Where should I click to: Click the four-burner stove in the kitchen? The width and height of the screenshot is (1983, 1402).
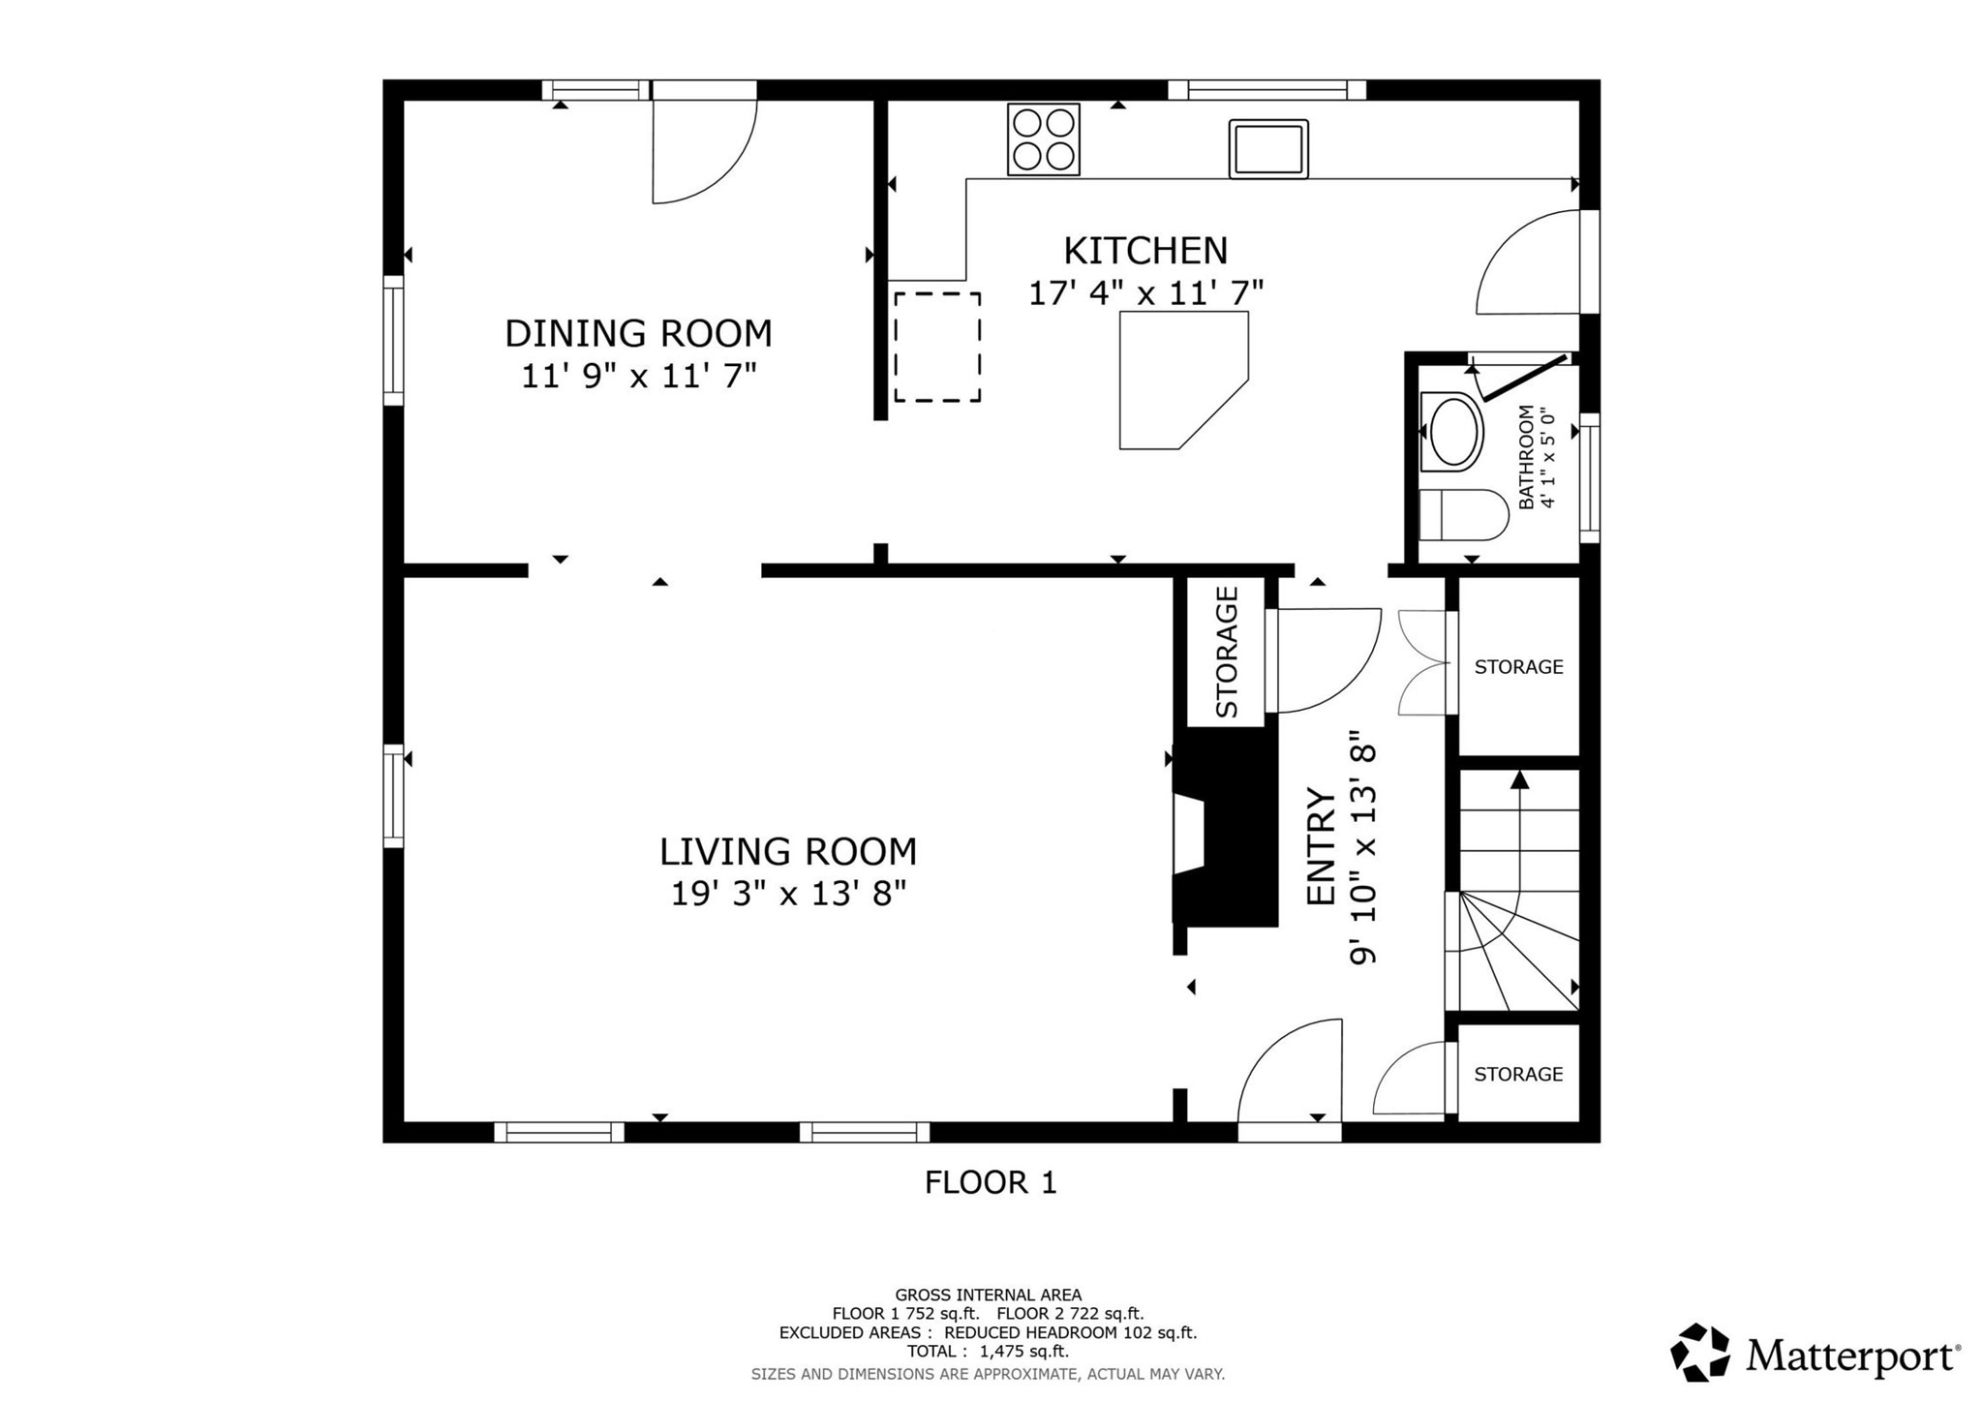pos(1043,138)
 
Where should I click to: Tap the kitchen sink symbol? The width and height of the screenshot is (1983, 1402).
pos(1268,148)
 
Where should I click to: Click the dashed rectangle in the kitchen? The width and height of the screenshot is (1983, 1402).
pos(936,347)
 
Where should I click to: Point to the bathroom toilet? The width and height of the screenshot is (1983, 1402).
pos(1462,514)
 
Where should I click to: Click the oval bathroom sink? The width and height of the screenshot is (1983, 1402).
pos(1451,433)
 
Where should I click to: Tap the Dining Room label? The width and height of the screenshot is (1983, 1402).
pos(638,333)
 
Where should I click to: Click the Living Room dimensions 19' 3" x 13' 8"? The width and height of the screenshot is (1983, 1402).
pos(788,893)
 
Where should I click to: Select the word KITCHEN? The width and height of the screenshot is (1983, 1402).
pos(1144,251)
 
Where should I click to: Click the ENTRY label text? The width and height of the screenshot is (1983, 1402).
pos(1321,846)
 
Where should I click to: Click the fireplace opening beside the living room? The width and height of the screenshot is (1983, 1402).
pos(1190,835)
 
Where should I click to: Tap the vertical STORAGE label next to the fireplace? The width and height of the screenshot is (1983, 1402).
pos(1226,652)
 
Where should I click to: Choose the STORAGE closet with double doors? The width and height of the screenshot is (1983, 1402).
pos(1517,667)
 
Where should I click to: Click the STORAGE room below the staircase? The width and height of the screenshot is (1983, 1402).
pos(1517,1074)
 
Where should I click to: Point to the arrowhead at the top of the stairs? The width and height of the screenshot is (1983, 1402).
pos(1519,778)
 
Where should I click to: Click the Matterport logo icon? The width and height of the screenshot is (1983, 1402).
pos(1699,1352)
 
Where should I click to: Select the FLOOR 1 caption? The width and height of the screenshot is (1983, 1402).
pos(991,1182)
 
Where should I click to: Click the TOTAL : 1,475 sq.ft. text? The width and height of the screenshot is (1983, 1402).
pos(988,1352)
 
